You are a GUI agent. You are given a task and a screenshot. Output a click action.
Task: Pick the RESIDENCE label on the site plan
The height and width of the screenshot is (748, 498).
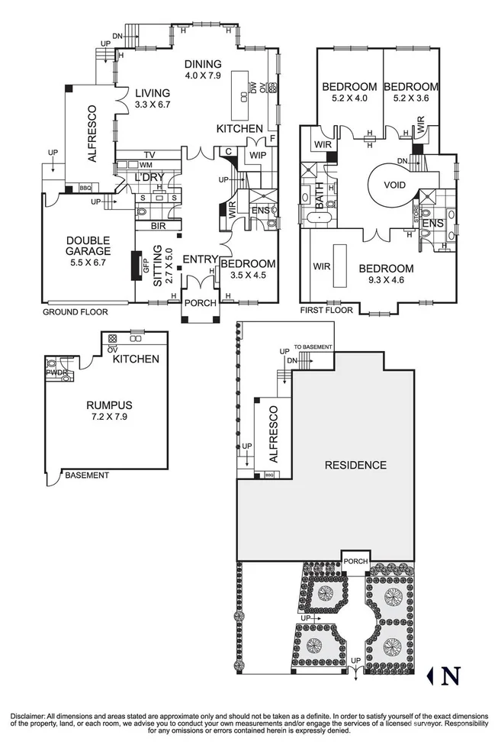[355, 465]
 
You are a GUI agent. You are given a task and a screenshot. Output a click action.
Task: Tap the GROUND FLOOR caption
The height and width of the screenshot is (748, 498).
[75, 312]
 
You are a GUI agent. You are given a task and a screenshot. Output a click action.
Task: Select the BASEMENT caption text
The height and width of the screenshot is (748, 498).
[86, 476]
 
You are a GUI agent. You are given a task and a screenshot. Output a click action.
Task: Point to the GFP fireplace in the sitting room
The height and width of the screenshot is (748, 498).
[144, 265]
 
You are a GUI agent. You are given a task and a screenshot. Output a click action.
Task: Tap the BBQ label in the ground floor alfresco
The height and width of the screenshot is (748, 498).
[85, 189]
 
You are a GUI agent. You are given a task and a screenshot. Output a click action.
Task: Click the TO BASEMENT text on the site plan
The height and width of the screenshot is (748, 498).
[313, 347]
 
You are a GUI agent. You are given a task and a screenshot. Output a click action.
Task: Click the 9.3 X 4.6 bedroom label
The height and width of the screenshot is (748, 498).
[386, 274]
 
